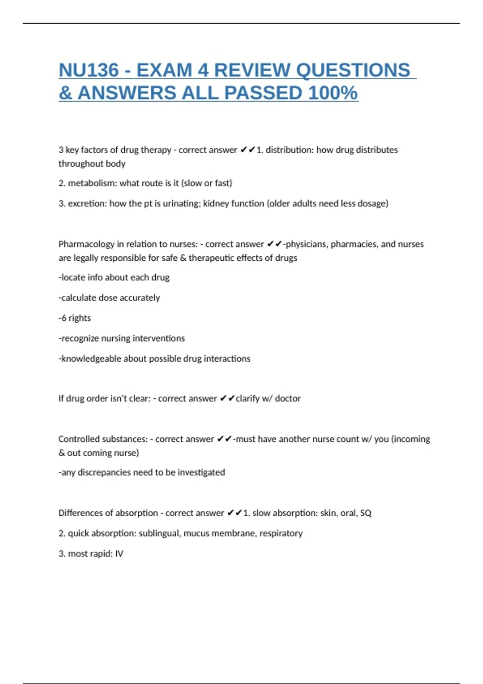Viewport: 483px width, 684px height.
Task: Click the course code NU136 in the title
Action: [x=89, y=70]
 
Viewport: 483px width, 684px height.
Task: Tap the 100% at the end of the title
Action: [x=332, y=93]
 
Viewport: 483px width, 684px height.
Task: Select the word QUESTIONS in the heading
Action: [x=353, y=70]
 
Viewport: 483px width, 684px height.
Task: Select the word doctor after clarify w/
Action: [x=288, y=398]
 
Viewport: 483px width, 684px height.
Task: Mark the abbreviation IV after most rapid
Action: [x=119, y=554]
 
